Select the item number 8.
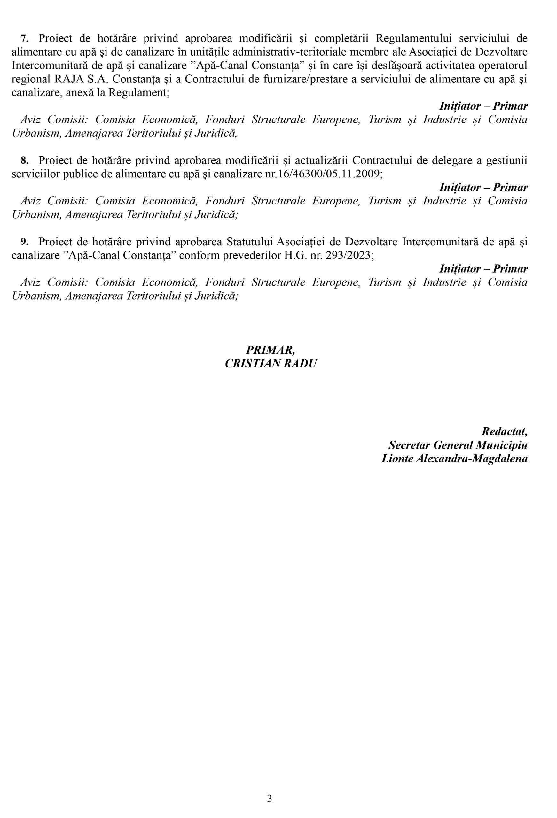pos(24,160)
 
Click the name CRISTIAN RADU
pos(271,363)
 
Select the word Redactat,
pos(504,431)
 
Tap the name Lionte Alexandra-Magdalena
pos(454,459)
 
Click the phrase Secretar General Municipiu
pos(458,445)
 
